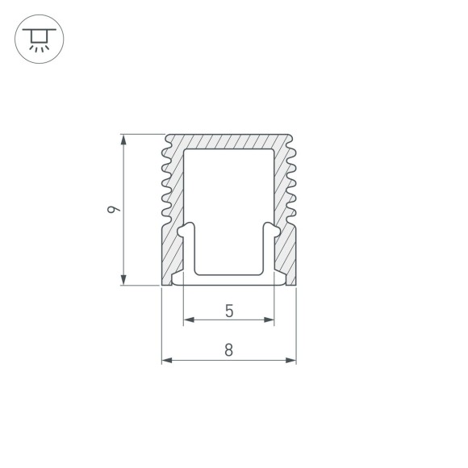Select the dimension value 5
point(229,310)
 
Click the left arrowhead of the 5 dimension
point(189,320)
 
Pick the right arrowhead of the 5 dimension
point(270,320)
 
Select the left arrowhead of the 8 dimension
point(167,360)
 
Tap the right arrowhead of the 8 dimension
point(291,360)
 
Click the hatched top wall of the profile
point(229,140)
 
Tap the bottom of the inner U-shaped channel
point(229,274)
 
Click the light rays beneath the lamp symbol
point(37,48)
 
